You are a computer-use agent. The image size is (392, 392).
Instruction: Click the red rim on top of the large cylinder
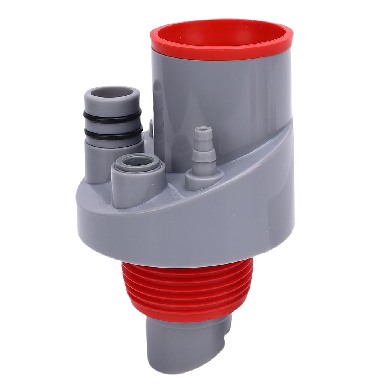tap(222, 53)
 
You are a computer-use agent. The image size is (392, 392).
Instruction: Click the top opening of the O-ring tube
tap(112, 93)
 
